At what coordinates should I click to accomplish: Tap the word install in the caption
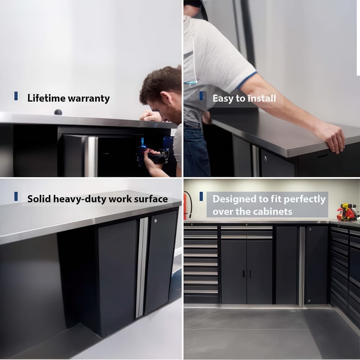click(x=261, y=98)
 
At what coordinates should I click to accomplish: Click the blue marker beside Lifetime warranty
click(x=16, y=96)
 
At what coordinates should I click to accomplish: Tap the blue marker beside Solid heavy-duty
click(x=16, y=196)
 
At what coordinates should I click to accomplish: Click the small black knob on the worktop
click(x=58, y=112)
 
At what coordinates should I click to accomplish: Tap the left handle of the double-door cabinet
click(x=243, y=274)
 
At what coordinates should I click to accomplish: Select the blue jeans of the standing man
click(x=196, y=151)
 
